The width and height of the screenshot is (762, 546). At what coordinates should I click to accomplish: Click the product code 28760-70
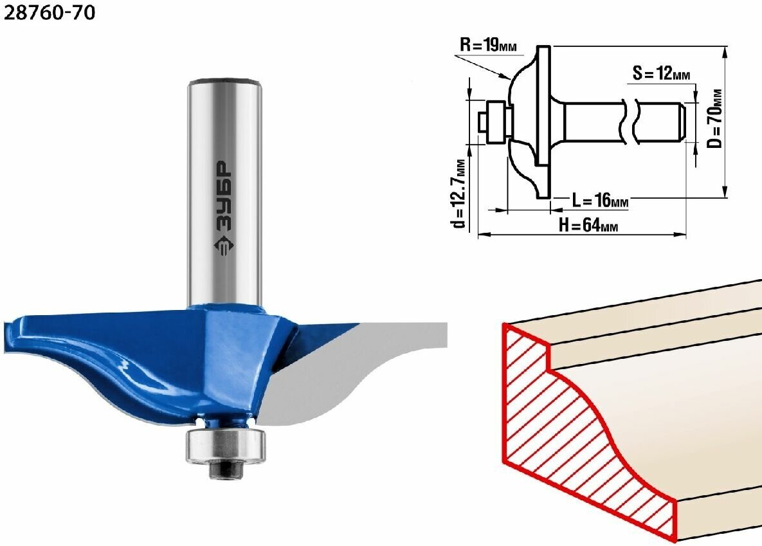coord(50,13)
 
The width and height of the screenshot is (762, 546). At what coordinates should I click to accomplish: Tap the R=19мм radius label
coord(488,46)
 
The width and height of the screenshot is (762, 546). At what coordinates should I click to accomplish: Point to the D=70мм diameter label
coord(714,118)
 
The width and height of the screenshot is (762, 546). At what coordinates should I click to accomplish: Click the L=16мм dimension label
coord(600,200)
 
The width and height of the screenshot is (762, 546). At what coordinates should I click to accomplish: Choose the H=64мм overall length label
coord(588,225)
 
